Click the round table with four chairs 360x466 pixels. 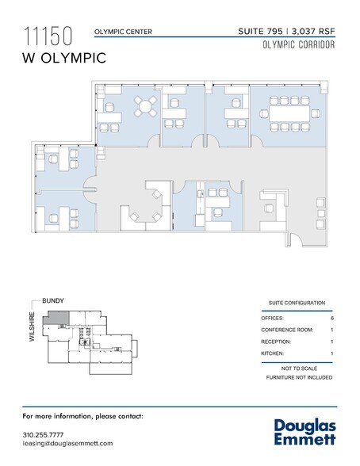pyautogui.click(x=145, y=106)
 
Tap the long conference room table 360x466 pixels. pyautogui.click(x=289, y=113)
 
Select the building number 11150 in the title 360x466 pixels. pyautogui.click(x=48, y=36)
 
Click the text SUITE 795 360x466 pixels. pyautogui.click(x=260, y=31)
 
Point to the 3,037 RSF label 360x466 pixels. pyautogui.click(x=313, y=31)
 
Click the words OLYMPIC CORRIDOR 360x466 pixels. pyautogui.click(x=299, y=45)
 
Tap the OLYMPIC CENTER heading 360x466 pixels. pyautogui.click(x=123, y=32)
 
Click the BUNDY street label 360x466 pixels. pyautogui.click(x=53, y=300)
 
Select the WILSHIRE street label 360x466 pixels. pyautogui.click(x=32, y=327)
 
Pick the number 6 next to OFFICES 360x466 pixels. pyautogui.click(x=332, y=318)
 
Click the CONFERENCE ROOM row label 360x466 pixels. pyautogui.click(x=287, y=330)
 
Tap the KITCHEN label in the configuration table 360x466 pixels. pyautogui.click(x=272, y=353)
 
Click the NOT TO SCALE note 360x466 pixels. pyautogui.click(x=299, y=369)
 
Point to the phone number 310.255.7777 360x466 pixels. pyautogui.click(x=43, y=435)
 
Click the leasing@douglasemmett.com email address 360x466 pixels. pyautogui.click(x=67, y=444)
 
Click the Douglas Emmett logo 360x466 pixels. pyautogui.click(x=305, y=432)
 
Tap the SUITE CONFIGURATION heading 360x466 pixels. pyautogui.click(x=297, y=303)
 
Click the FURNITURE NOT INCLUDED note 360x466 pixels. pyautogui.click(x=299, y=377)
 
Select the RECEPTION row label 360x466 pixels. pyautogui.click(x=276, y=342)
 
